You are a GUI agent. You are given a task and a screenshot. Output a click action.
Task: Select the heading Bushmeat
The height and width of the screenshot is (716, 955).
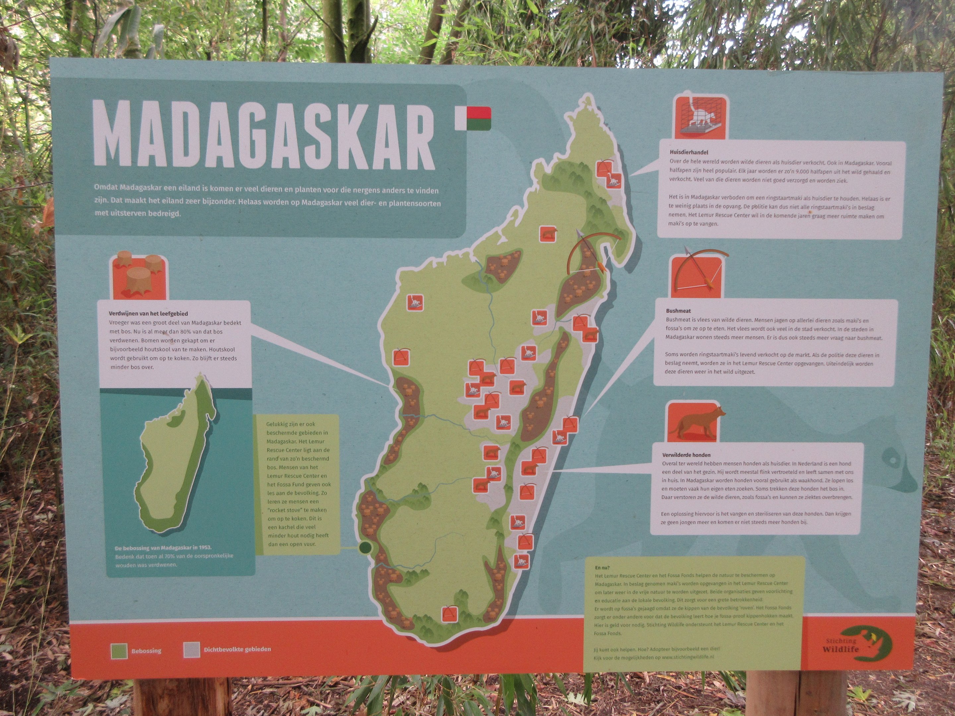point(678,310)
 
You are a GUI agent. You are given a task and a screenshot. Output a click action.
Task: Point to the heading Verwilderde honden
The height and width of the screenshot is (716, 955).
point(686,454)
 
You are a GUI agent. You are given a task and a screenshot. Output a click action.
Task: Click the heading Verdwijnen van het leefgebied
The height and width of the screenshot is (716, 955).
point(148,313)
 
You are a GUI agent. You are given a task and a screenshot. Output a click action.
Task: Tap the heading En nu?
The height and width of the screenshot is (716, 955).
point(602,567)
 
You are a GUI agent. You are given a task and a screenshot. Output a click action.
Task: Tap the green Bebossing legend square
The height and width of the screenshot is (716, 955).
point(119,650)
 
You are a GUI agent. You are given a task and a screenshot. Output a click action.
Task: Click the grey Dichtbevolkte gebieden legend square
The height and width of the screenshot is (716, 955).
point(191,649)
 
